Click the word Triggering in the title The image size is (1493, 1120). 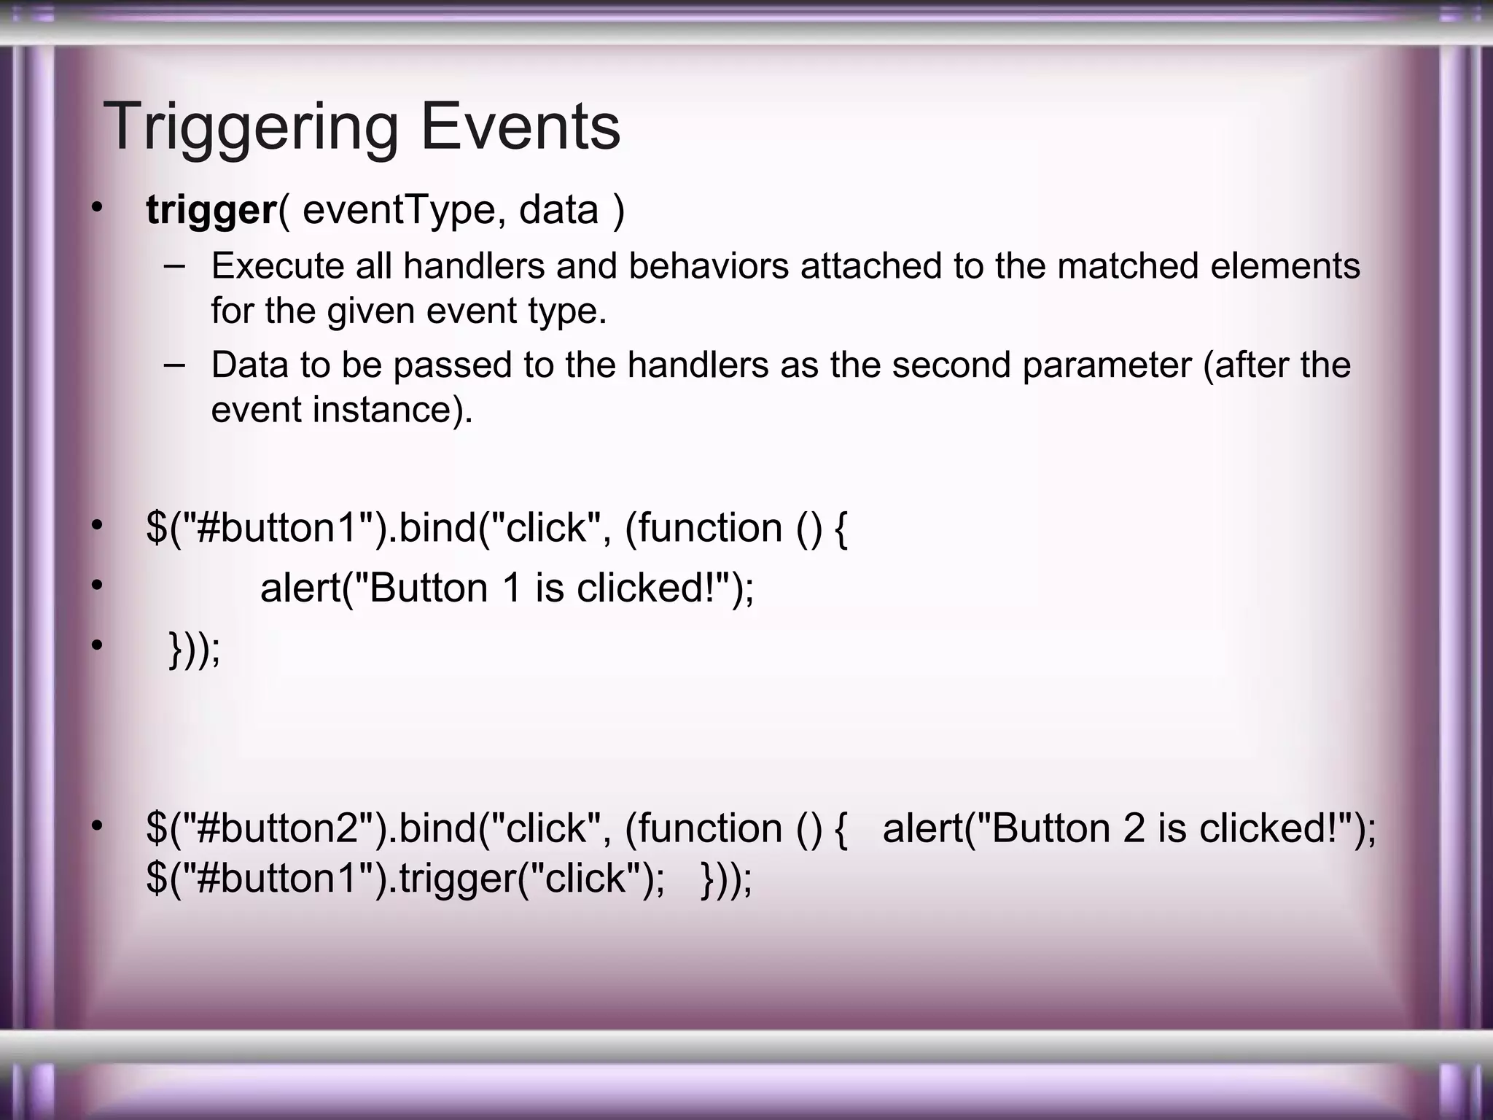251,128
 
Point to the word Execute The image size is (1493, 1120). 278,266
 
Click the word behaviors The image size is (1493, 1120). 709,266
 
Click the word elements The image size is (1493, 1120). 1285,266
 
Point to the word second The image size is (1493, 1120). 951,365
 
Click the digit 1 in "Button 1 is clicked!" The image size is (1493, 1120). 512,588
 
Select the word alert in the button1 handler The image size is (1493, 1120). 300,588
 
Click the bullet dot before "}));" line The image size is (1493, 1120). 98,645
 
